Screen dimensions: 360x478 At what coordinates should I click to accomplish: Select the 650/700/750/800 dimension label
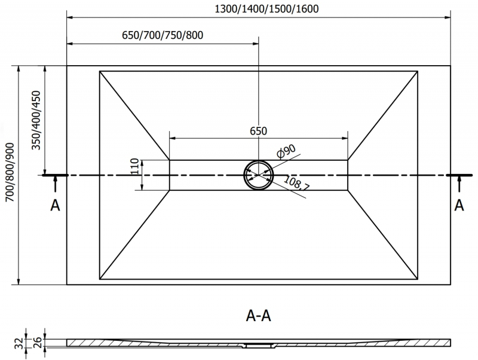point(163,35)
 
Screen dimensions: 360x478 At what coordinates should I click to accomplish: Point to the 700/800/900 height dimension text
point(10,174)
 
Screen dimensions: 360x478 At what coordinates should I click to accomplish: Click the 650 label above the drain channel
point(258,132)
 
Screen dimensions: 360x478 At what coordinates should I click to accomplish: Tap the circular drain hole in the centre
point(258,175)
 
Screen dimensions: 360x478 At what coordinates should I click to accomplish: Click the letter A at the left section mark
point(55,205)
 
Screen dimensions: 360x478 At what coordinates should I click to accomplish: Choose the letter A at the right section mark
point(459,205)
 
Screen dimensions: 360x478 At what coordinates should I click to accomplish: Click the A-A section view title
point(258,315)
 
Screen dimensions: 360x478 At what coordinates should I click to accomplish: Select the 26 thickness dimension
point(37,342)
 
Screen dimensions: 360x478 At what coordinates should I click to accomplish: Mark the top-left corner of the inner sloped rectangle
point(100,72)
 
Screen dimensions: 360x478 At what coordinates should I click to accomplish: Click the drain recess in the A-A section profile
point(259,346)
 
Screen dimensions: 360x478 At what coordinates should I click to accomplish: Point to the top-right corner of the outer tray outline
point(451,65)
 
